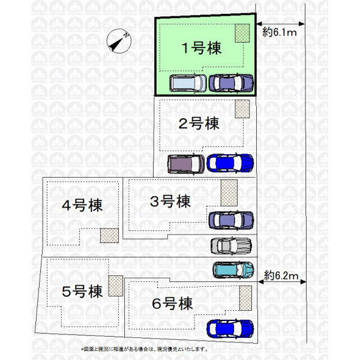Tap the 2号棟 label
tap(199, 124)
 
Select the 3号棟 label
tap(170, 201)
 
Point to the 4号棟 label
tap(82, 205)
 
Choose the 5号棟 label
tap(82, 292)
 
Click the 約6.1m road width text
tap(280, 34)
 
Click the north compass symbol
tap(118, 42)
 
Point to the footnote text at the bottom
tap(144, 349)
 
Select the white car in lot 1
tap(188, 83)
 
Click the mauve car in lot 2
tap(185, 163)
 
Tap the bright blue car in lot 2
tap(230, 162)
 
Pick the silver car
tap(231, 245)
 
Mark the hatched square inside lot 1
tap(242, 33)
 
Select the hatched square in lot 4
tap(109, 235)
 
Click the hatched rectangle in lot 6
tap(245, 298)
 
